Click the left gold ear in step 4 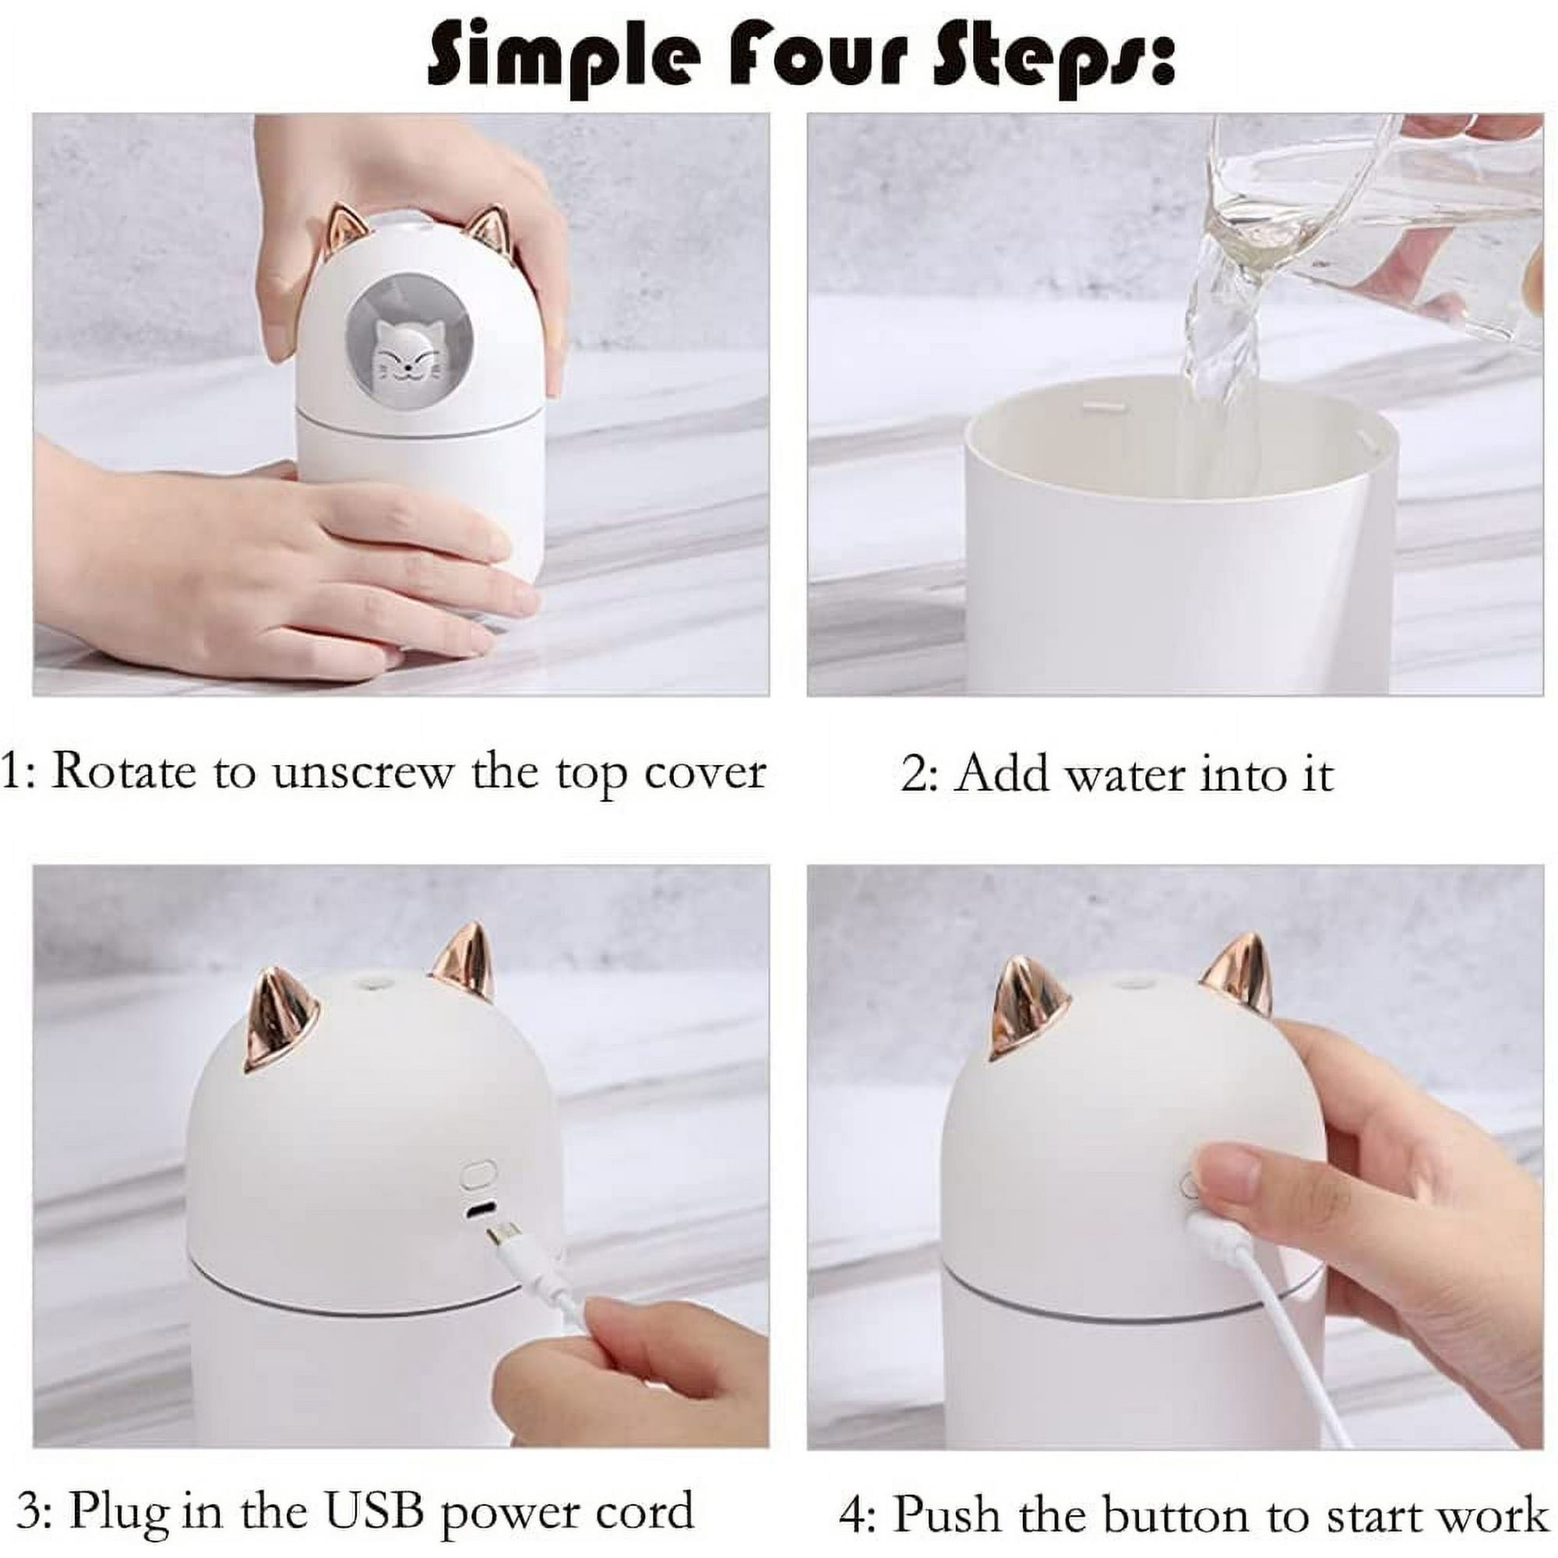1029,1005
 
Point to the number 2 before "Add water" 913,774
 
